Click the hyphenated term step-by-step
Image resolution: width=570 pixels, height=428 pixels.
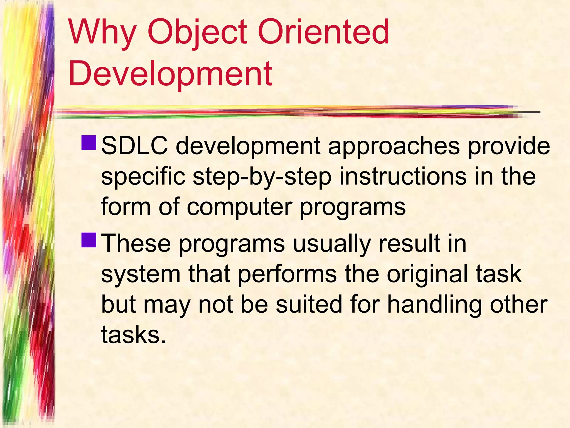[x=262, y=177]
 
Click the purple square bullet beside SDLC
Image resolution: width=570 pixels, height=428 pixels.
[x=89, y=143]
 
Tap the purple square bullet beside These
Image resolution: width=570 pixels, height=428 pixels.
[x=89, y=240]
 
